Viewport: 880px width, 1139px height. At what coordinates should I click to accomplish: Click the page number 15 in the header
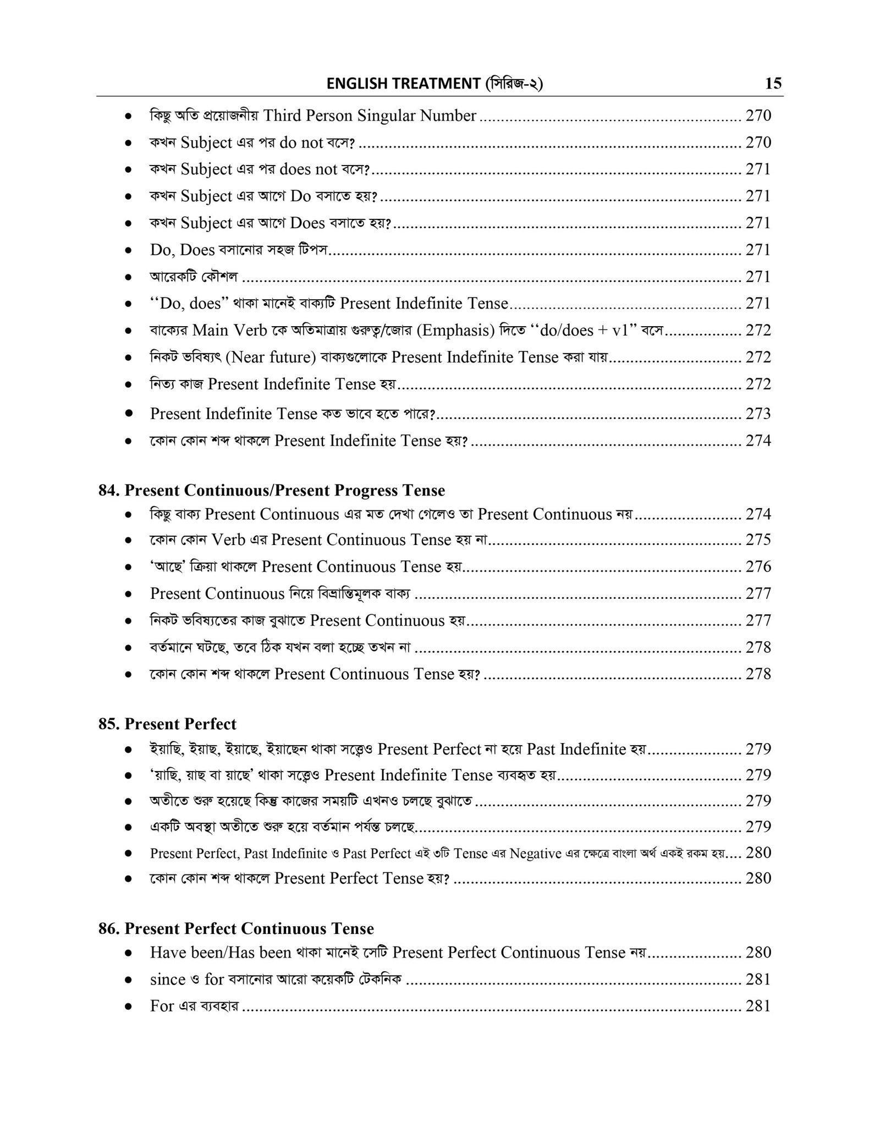click(x=773, y=84)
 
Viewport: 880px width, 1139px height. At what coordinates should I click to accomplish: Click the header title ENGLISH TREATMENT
click(x=403, y=84)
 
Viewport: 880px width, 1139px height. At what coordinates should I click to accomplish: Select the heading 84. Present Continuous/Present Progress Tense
click(x=272, y=490)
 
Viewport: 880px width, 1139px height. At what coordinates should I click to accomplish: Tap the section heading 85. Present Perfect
click(x=167, y=724)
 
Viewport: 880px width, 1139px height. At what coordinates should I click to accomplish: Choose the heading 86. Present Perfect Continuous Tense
click(x=236, y=929)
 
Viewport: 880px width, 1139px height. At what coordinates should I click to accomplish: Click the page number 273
click(x=758, y=414)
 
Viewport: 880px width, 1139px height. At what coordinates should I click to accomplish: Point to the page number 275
click(x=758, y=540)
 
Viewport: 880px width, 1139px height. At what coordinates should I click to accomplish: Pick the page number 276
click(x=758, y=566)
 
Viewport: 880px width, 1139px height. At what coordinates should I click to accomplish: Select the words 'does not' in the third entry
click(x=309, y=169)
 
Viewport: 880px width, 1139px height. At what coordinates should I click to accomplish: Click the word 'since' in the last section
click(x=168, y=980)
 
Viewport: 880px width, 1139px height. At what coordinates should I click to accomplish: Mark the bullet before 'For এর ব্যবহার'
click(x=128, y=1007)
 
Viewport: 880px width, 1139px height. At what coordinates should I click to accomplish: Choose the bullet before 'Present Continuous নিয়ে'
click(x=128, y=594)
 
